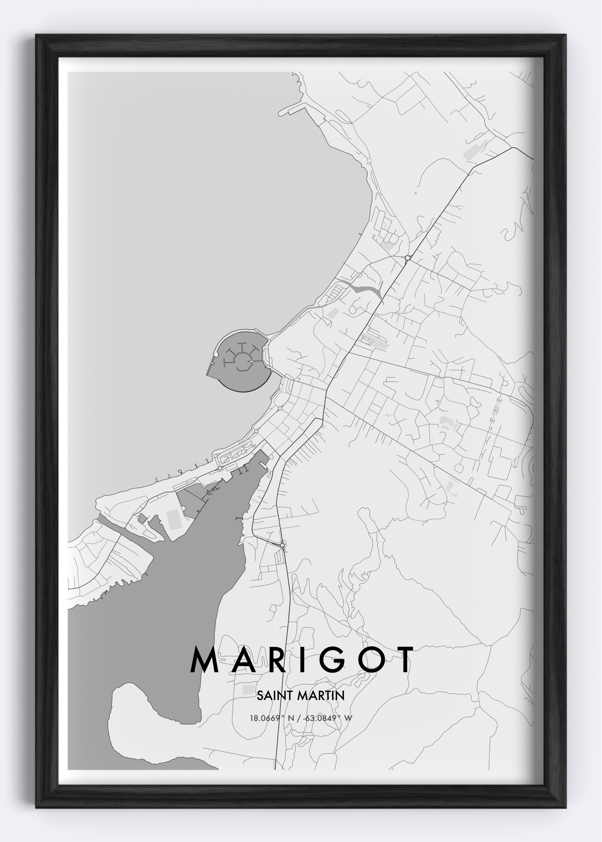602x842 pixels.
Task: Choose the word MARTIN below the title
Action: point(321,696)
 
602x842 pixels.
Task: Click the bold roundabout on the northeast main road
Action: point(407,258)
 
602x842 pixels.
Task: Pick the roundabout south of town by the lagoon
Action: point(282,545)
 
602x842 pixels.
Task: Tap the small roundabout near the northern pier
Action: point(369,161)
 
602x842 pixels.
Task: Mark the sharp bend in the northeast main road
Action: point(512,148)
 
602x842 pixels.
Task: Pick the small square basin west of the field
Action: point(142,518)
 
